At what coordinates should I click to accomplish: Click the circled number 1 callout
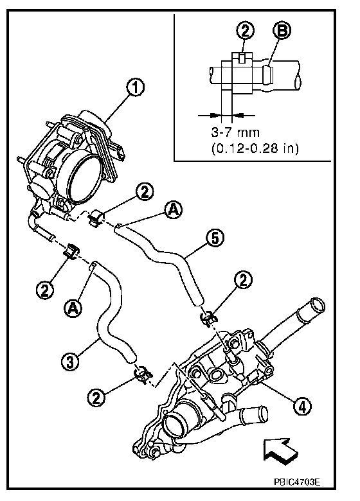[x=136, y=87]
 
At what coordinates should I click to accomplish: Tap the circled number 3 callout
[x=69, y=362]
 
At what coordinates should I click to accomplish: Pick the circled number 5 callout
[x=215, y=238]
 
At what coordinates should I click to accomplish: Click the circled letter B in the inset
[x=282, y=31]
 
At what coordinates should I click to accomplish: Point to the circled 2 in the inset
[x=245, y=31]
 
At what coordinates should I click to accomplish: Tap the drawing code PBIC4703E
[x=297, y=482]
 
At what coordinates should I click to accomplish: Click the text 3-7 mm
[x=235, y=132]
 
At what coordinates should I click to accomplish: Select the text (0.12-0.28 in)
[x=255, y=148]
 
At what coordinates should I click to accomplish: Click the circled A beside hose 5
[x=174, y=210]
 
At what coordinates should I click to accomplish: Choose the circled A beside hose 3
[x=73, y=308]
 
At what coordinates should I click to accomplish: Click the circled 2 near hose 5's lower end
[x=243, y=280]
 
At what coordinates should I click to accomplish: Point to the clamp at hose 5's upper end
[x=95, y=218]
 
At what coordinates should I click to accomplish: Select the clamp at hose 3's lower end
[x=143, y=374]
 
